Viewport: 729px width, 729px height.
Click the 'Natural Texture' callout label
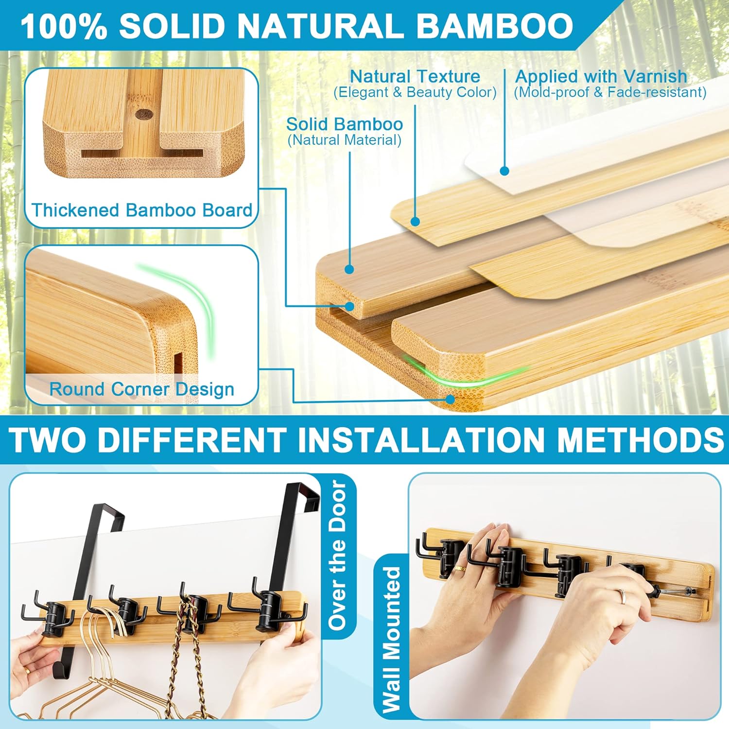click(415, 76)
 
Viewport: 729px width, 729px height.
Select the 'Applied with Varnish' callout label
click(601, 76)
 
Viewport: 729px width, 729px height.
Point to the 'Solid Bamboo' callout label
click(345, 124)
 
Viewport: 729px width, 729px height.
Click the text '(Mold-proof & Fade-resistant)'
click(610, 92)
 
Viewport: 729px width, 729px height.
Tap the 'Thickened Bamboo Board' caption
click(141, 210)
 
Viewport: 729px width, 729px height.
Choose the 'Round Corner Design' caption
click(141, 389)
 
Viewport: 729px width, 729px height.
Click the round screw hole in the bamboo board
click(144, 115)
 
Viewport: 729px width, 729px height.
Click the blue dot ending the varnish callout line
click(504, 171)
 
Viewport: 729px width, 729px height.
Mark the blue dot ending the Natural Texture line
click(415, 222)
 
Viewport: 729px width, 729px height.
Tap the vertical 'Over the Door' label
click(338, 555)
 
